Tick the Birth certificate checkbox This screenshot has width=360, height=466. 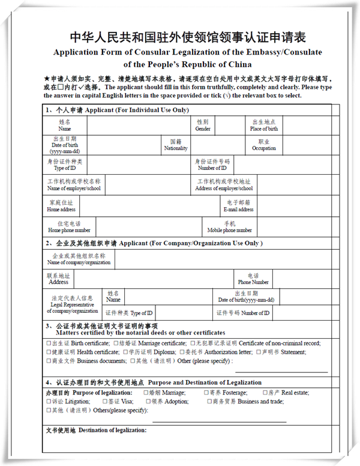point(49,343)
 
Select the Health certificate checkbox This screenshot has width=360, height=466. point(49,352)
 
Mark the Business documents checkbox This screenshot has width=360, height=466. point(49,361)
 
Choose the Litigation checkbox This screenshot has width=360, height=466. point(49,401)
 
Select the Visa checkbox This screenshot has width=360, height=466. point(104,401)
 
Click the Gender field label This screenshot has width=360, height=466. point(203,125)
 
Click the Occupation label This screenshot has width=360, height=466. point(264,145)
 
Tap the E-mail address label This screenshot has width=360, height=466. point(238,206)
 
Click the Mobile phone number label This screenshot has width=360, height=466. point(229,227)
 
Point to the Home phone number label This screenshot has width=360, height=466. point(69,227)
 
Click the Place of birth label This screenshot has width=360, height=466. point(264,125)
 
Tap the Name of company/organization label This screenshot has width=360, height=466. point(79,259)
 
